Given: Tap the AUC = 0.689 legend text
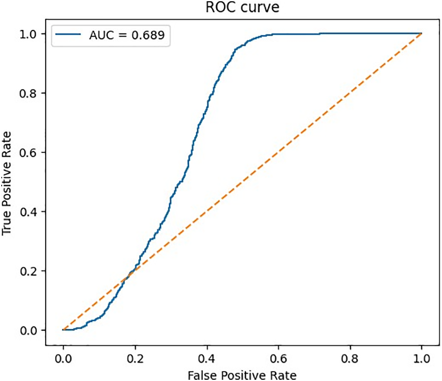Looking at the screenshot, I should point(126,36).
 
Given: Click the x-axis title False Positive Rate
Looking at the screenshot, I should point(242,375).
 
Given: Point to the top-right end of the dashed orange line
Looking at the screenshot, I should point(421,34).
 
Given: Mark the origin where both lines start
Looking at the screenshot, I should point(63,330).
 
